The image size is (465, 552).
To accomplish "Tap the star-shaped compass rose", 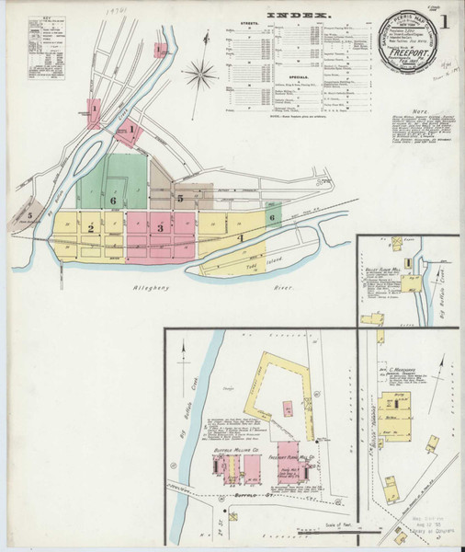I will (x=198, y=74).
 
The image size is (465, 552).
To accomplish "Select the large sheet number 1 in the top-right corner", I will (x=445, y=20).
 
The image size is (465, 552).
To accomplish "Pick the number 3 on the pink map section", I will (x=160, y=227).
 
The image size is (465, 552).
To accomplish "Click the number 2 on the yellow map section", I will (x=91, y=228).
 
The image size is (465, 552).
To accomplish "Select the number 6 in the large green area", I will (x=113, y=200).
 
